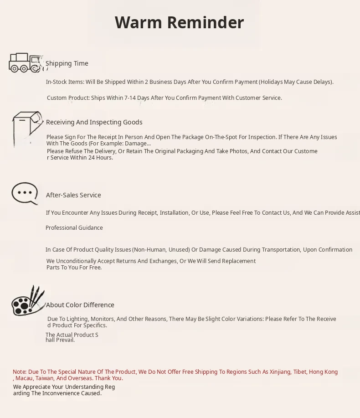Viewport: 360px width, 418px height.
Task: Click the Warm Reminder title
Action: pos(179,22)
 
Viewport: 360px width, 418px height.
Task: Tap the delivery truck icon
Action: pos(26,63)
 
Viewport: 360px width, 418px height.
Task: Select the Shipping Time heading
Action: pos(67,63)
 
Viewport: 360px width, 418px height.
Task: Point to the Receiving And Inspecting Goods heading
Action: pos(94,122)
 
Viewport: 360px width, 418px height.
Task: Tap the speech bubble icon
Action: pos(25,194)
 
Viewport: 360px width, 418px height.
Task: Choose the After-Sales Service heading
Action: pos(73,195)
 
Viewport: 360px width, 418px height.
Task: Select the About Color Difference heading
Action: pos(80,305)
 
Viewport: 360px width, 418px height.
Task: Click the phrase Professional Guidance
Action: pos(74,228)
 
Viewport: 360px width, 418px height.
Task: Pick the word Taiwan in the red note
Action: pos(45,378)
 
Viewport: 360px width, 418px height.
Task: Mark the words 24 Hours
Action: pos(100,158)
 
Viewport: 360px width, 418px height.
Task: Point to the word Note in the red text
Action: pos(19,372)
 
